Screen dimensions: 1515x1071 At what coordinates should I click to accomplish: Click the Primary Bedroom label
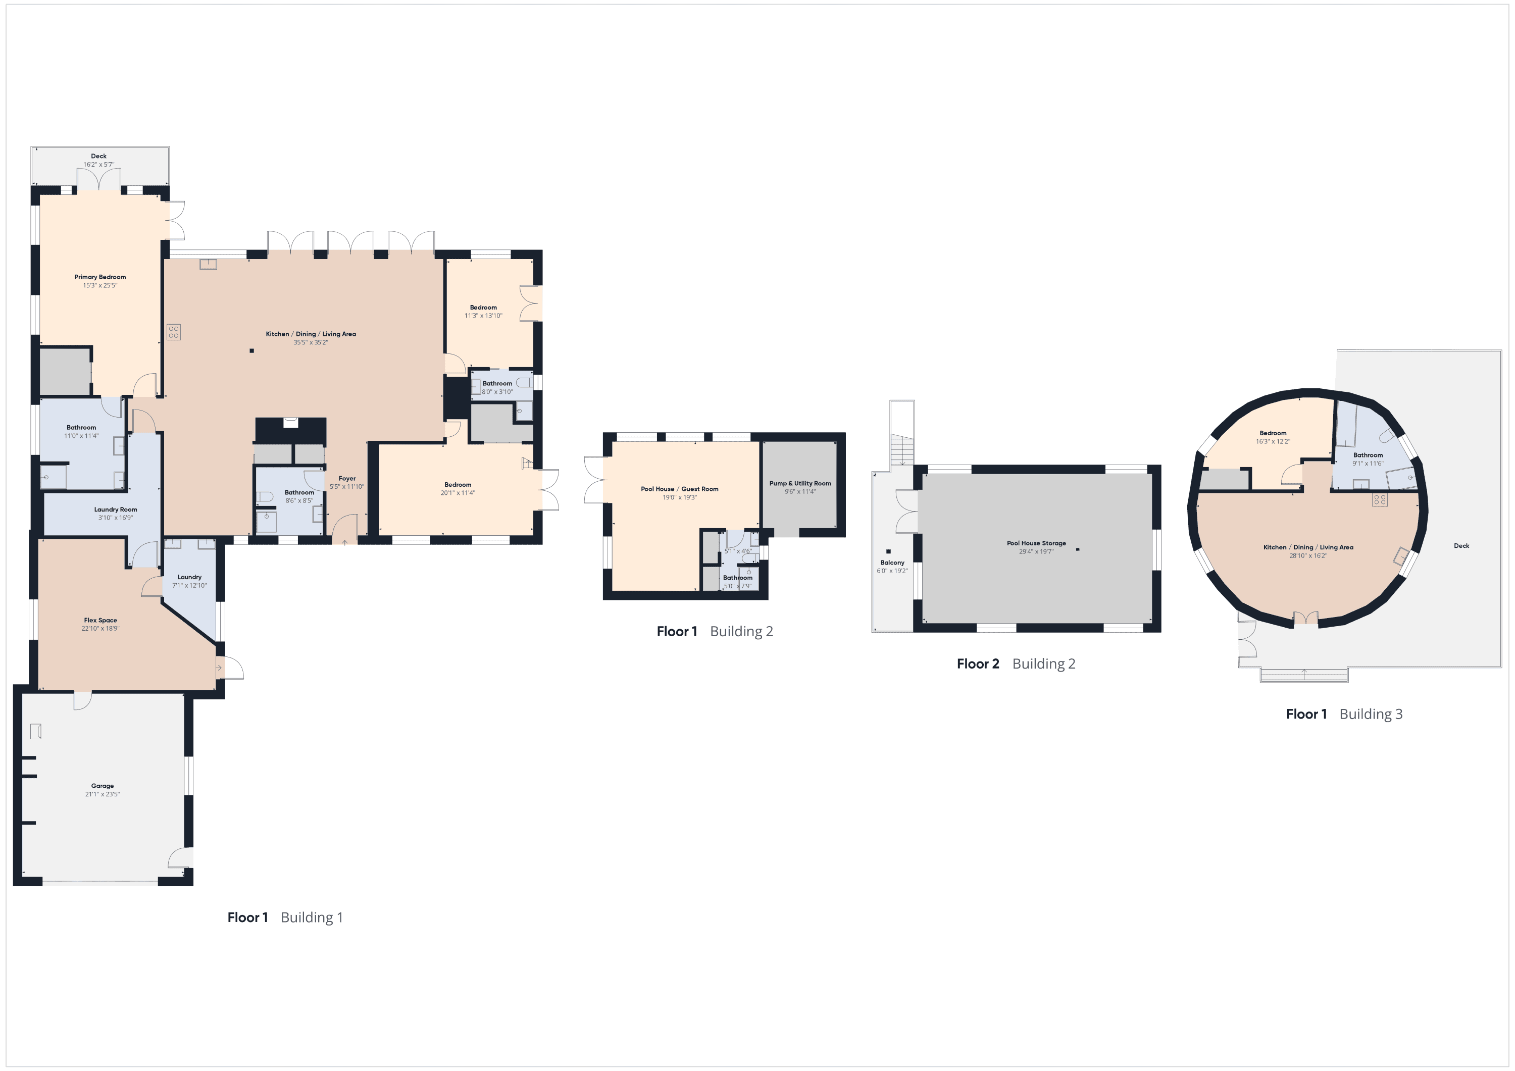99,277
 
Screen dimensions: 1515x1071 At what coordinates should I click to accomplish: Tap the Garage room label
103,786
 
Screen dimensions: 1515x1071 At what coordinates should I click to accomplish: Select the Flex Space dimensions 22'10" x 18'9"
100,629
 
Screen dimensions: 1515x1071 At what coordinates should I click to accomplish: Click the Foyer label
347,478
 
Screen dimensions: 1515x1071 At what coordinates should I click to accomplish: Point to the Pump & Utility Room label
800,484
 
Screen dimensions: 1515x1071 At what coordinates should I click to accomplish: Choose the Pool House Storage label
1036,543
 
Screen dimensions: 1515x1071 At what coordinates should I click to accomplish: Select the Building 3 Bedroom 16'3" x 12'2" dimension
1273,441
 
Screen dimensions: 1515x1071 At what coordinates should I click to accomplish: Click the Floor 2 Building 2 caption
1016,664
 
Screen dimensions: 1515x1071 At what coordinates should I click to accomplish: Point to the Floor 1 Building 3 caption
1344,714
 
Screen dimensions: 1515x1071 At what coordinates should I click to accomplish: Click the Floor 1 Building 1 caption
285,917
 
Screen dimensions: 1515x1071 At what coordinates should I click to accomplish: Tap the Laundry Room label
116,509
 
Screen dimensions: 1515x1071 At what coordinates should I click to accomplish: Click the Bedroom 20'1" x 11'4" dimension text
458,493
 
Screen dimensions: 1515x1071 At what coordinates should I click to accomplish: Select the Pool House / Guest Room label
680,489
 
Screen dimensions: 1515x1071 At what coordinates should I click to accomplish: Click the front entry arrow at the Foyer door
344,542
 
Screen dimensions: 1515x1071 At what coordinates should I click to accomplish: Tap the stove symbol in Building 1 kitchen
174,332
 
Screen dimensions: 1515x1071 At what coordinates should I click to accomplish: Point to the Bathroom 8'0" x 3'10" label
497,383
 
